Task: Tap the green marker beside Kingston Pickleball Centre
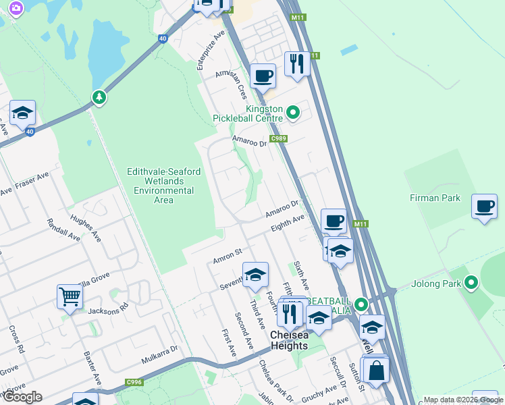click(x=292, y=113)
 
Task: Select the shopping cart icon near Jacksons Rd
click(x=70, y=296)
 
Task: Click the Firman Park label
click(x=435, y=198)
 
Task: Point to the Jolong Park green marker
click(x=471, y=283)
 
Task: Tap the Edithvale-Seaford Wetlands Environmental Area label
click(x=164, y=186)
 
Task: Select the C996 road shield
click(x=134, y=383)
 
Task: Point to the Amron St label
click(x=228, y=256)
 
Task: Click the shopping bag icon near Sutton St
click(x=377, y=370)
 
